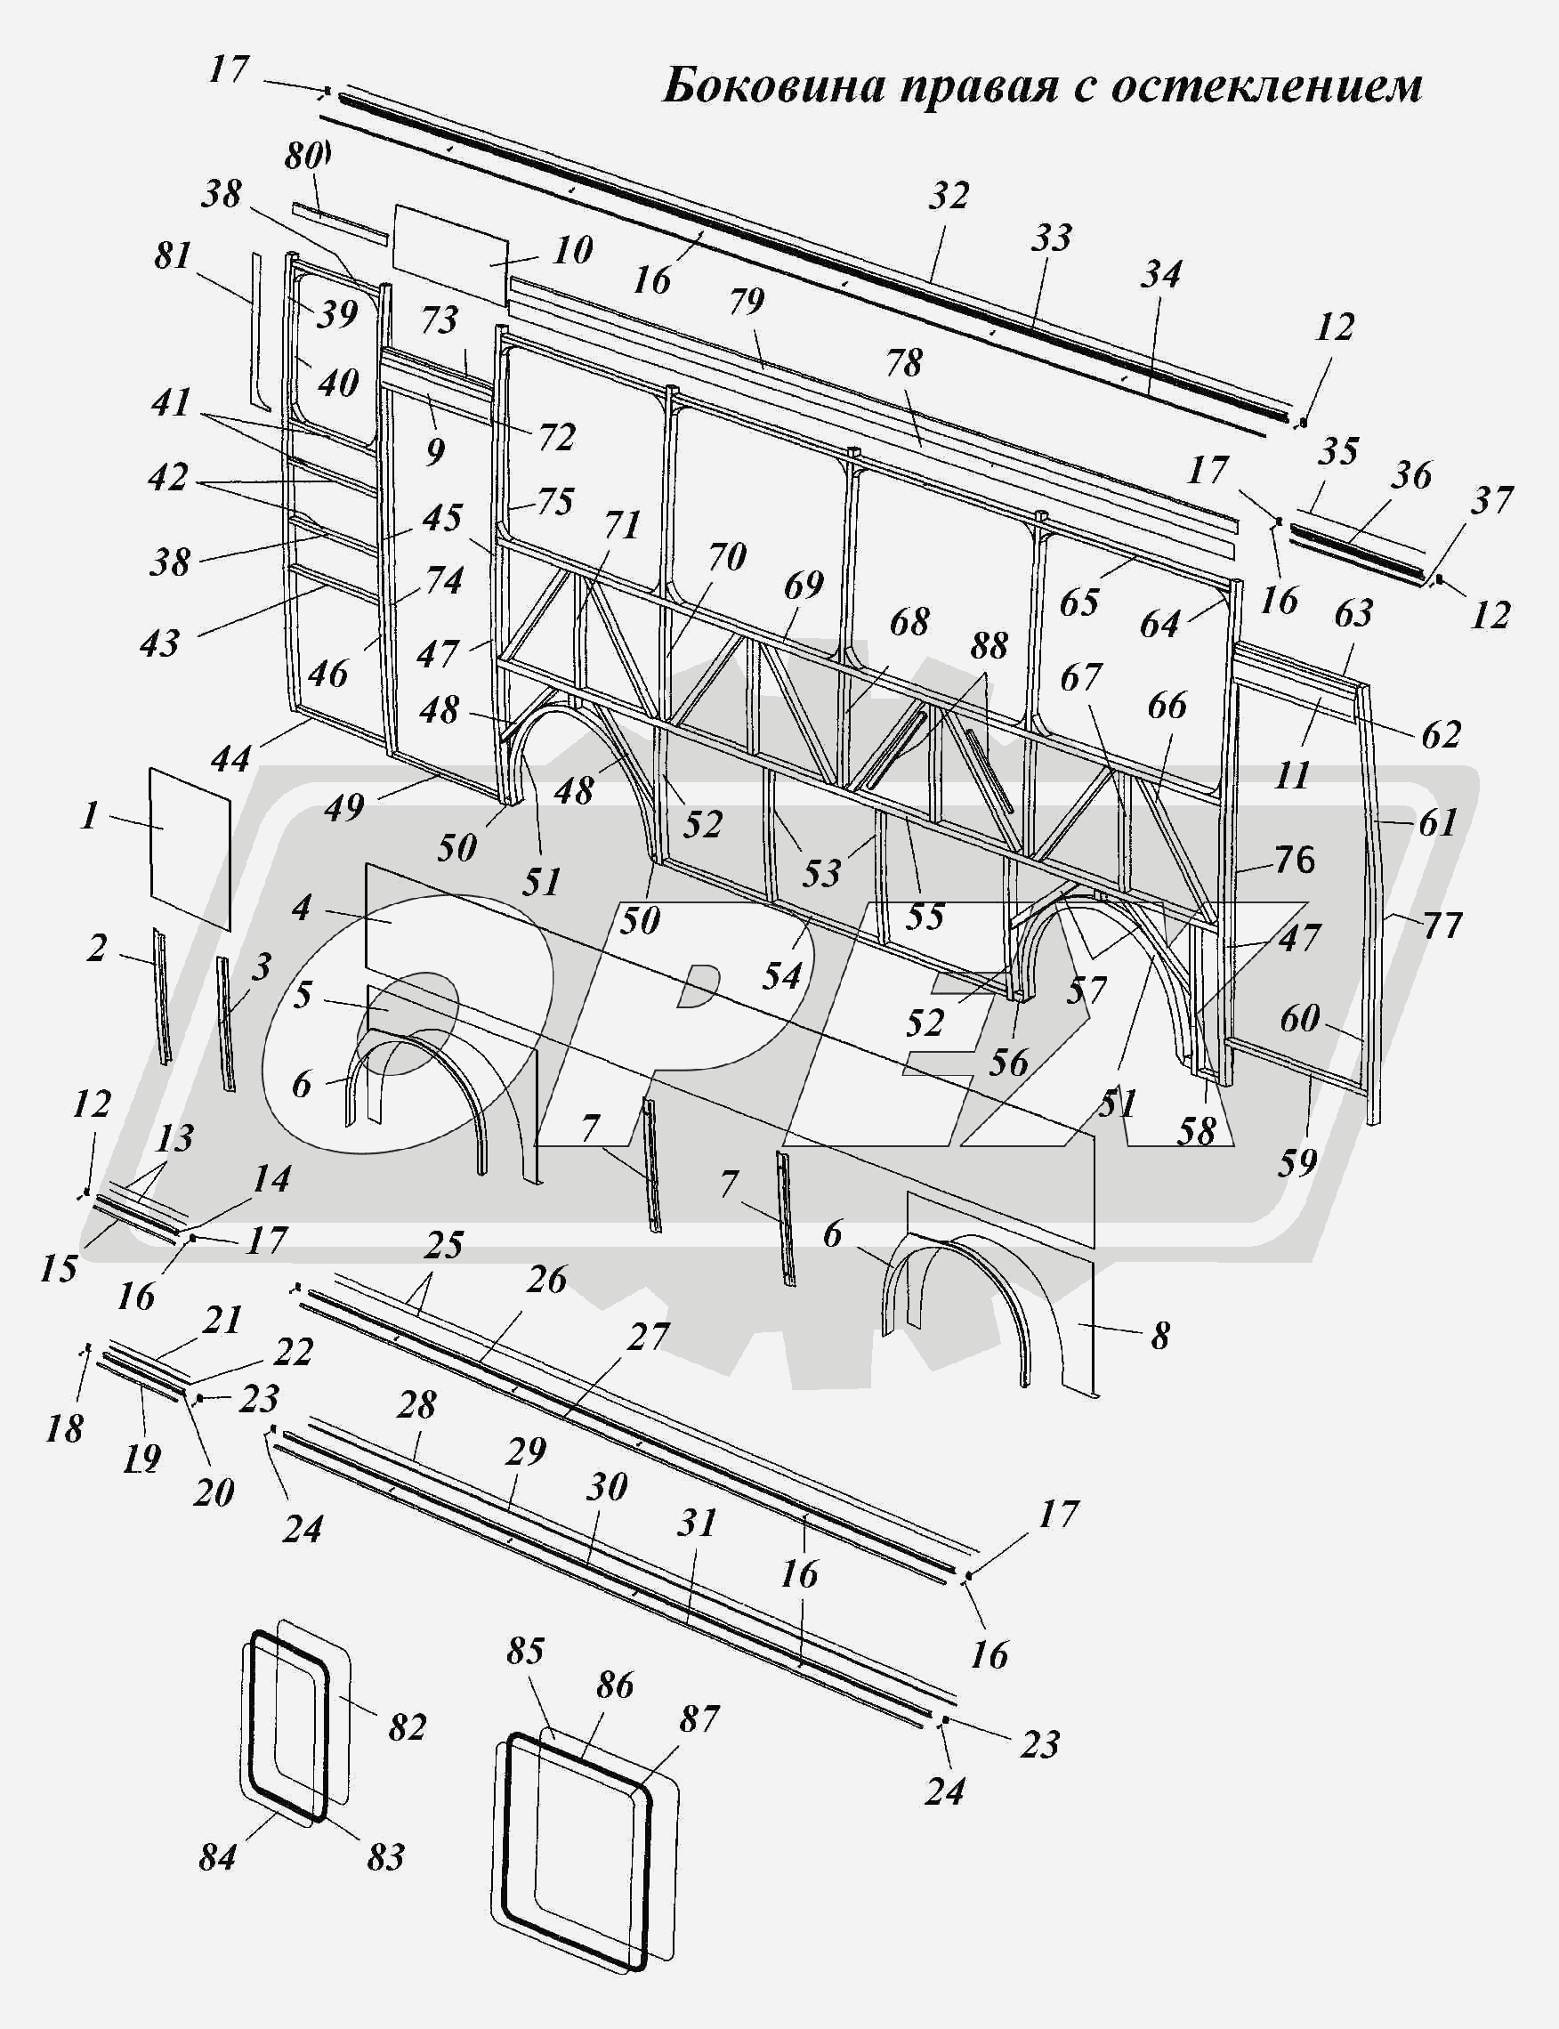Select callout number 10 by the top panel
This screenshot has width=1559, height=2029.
point(571,250)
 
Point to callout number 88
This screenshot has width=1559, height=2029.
point(990,646)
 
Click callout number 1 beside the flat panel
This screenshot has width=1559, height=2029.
point(89,816)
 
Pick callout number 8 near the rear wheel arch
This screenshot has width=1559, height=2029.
point(1160,1336)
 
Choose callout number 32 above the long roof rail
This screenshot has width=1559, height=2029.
point(948,195)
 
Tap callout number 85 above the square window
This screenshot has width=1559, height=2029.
point(525,1651)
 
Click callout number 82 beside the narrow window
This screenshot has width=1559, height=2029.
point(407,1727)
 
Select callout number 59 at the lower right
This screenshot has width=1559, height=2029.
point(1296,1161)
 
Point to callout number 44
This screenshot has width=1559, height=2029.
point(231,758)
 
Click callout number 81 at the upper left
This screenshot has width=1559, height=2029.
point(173,255)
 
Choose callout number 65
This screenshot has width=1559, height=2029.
point(1079,602)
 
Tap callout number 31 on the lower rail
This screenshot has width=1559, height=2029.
point(697,1524)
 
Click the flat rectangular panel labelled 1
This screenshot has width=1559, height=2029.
point(190,845)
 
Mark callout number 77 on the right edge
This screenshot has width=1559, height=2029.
point(1442,926)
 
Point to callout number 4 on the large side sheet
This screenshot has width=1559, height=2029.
point(302,907)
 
